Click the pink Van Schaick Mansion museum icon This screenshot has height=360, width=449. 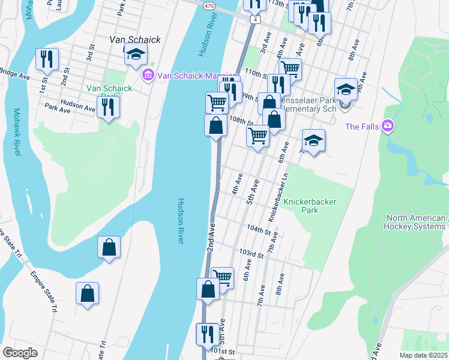point(146,76)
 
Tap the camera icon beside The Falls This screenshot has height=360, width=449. point(388,126)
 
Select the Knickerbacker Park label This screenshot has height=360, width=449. point(309,206)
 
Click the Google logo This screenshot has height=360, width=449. point(20,353)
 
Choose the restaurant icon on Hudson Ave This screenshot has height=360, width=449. point(108,107)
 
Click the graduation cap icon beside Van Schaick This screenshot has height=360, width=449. point(136,55)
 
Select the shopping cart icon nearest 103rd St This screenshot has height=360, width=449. point(222,278)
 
